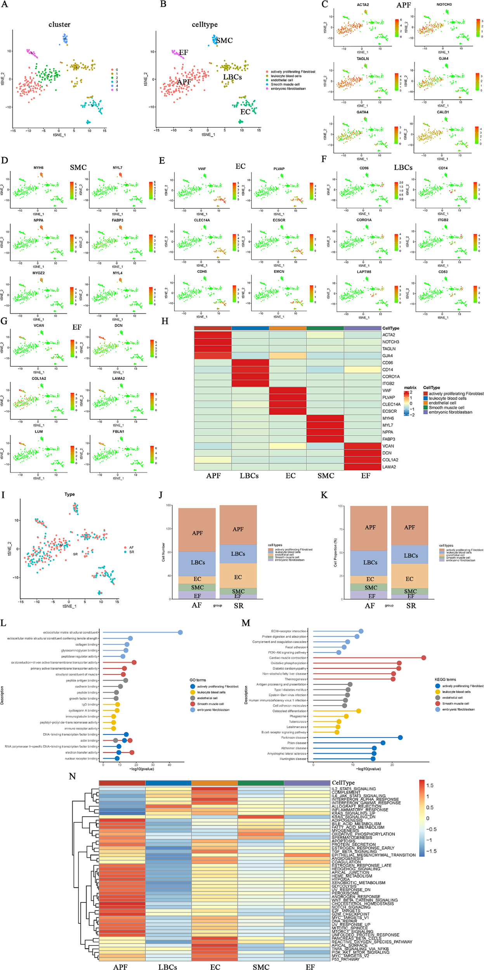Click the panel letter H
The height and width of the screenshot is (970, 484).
(x=165, y=321)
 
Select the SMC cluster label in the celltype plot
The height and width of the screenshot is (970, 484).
(x=224, y=40)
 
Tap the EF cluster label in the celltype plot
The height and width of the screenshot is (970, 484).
(x=183, y=52)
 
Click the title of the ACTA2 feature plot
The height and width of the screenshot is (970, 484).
(x=363, y=5)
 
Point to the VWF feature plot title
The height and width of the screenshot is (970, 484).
(x=202, y=169)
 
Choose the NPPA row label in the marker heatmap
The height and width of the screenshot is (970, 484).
(x=388, y=432)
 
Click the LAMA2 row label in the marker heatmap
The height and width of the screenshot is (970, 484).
(x=389, y=467)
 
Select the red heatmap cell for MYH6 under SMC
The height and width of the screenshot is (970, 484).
(x=325, y=418)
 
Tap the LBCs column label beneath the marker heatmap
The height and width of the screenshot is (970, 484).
(x=249, y=476)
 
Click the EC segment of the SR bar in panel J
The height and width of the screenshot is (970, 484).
(x=238, y=577)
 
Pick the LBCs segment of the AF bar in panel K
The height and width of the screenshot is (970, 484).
(x=370, y=563)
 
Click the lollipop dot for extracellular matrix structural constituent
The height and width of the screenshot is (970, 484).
(x=180, y=632)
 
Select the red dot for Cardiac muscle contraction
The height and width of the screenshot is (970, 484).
(x=423, y=658)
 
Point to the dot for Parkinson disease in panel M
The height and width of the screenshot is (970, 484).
(x=400, y=738)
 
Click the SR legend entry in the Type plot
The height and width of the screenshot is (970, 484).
(x=131, y=552)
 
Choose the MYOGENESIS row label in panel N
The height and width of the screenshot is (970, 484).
(x=345, y=831)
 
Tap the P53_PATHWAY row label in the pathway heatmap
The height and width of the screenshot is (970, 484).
(x=345, y=959)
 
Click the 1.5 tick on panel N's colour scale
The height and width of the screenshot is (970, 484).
(x=430, y=785)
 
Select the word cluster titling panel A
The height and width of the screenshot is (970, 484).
(x=59, y=24)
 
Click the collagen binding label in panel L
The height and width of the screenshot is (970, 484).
(x=87, y=644)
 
